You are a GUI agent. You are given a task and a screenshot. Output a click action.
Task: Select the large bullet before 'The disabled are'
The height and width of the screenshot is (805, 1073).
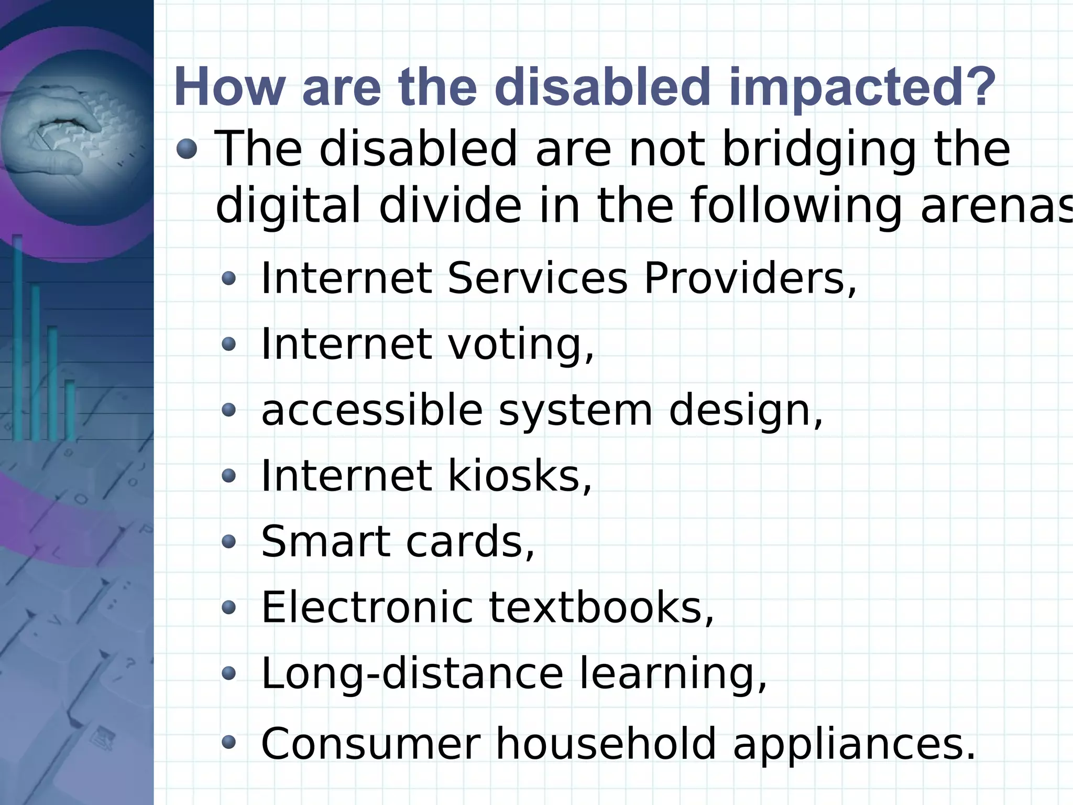[x=187, y=149]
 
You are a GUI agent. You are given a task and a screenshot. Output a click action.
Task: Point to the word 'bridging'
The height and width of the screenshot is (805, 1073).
[x=819, y=150]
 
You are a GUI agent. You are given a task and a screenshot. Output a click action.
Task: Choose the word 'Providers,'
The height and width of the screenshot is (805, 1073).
[x=750, y=278]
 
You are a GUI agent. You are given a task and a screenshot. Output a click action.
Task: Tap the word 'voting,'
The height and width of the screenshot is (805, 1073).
[x=521, y=344]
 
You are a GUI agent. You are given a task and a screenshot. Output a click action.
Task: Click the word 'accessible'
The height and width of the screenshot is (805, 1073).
[x=371, y=410]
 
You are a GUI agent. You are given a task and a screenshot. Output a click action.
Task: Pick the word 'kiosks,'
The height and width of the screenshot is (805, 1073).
[x=519, y=476]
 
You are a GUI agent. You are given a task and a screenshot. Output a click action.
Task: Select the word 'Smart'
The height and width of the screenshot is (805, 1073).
[x=325, y=542]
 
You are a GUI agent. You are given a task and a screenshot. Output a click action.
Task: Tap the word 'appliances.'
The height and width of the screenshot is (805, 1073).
[x=854, y=743]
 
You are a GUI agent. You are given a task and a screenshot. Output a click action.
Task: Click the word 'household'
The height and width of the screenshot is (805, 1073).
[x=605, y=743]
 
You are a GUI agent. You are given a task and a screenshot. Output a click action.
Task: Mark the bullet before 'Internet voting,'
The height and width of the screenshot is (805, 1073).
[x=229, y=344]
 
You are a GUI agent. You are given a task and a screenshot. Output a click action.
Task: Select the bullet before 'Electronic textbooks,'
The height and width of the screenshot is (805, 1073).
[x=229, y=608]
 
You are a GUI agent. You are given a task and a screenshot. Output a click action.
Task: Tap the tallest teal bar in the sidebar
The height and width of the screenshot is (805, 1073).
[x=18, y=336]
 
